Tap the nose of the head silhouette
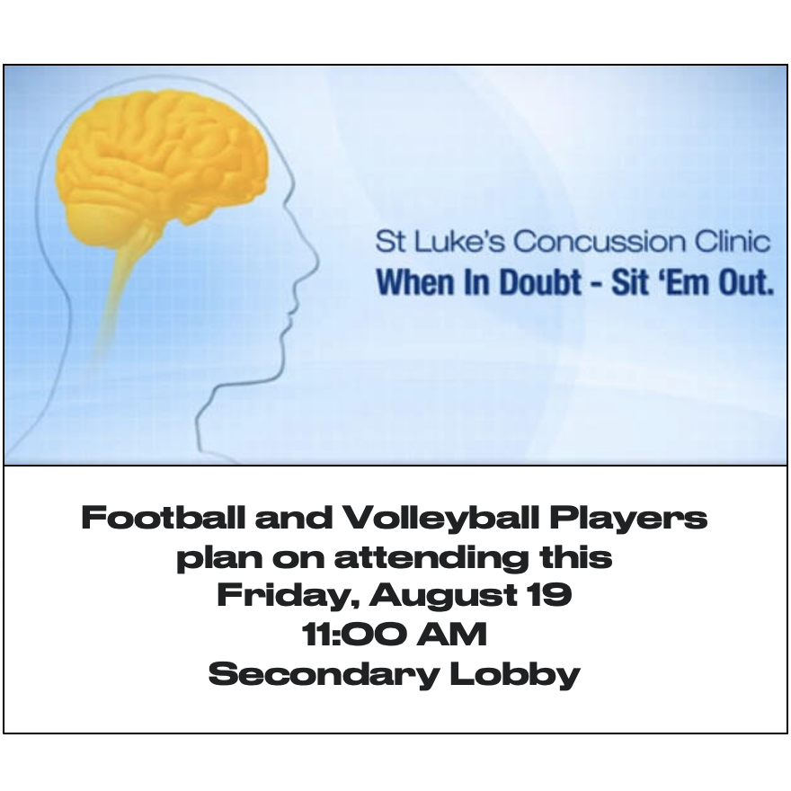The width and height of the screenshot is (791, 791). click(x=314, y=262)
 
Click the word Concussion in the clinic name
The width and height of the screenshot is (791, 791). click(x=600, y=241)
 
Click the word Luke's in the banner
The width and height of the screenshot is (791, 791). click(x=458, y=241)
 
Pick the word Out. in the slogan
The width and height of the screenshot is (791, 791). click(x=746, y=281)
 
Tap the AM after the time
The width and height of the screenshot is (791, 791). click(x=451, y=634)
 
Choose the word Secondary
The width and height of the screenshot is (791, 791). click(x=324, y=674)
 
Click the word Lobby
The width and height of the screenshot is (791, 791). click(x=514, y=674)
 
